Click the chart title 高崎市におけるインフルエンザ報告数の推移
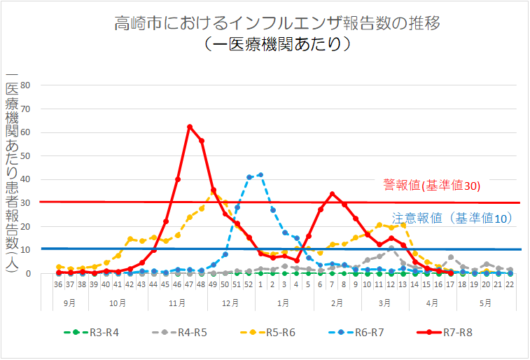[x=277, y=23]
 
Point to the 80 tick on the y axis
[x=27, y=85]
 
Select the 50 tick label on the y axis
[x=27, y=155]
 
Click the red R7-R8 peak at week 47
[x=190, y=127]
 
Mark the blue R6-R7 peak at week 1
[x=260, y=174]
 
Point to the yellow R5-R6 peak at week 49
[x=214, y=191]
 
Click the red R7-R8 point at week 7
[x=332, y=194]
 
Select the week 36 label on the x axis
[x=59, y=285]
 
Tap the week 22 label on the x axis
[x=510, y=285]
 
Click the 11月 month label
[x=178, y=303]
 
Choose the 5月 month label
[x=486, y=303]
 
